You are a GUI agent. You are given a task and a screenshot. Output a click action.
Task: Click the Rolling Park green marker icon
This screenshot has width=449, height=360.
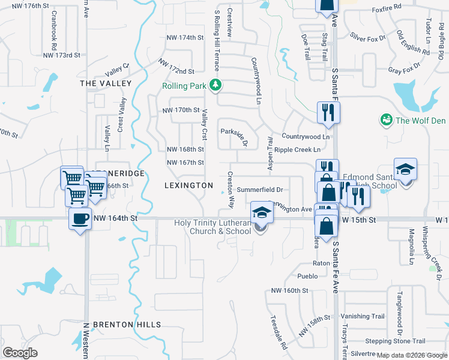(x=215, y=86)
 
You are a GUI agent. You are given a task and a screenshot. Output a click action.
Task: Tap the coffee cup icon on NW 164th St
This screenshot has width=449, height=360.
(x=80, y=218)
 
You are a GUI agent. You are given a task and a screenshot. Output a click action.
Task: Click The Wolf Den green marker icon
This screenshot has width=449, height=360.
(x=386, y=121)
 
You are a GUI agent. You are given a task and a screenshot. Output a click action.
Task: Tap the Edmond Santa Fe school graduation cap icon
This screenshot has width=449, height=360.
(x=405, y=169)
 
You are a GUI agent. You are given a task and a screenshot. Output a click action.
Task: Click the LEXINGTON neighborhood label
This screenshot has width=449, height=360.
(x=188, y=185)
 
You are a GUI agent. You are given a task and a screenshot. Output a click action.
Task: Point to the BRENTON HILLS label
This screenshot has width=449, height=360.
(x=127, y=325)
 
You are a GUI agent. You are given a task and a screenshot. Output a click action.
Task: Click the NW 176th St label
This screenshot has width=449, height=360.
(x=29, y=5)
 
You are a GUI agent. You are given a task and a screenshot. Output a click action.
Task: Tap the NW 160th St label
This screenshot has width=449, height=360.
(x=289, y=290)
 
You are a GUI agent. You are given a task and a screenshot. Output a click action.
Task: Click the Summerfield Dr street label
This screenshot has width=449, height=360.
(x=259, y=190)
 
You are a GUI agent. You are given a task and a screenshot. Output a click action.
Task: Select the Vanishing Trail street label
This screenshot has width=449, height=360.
(x=362, y=316)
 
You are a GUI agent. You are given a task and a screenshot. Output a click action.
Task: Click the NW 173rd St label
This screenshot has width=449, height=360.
(x=62, y=55)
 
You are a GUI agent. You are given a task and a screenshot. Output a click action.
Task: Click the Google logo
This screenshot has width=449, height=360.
(x=20, y=353)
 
